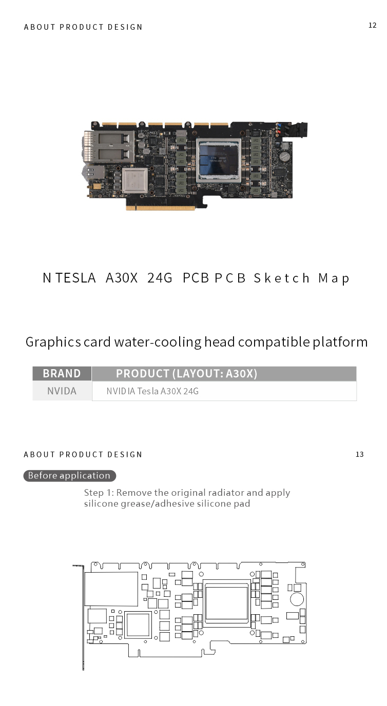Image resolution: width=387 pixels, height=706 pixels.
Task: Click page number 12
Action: [x=372, y=25]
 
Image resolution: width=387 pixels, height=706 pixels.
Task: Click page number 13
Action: [x=359, y=454]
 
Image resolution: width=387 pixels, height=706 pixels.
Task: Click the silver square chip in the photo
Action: [x=135, y=180]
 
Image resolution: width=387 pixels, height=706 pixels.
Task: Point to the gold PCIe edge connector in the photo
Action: [x=161, y=208]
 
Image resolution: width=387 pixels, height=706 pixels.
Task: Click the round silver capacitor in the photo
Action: [x=285, y=155]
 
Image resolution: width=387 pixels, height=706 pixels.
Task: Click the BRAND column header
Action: [x=62, y=373]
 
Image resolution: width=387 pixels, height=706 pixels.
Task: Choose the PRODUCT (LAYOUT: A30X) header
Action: [x=186, y=373]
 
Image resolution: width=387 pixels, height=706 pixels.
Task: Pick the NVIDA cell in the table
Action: [x=62, y=391]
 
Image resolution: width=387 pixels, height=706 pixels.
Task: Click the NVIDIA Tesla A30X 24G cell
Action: [x=152, y=391]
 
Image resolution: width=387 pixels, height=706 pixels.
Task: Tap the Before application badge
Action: [x=69, y=476]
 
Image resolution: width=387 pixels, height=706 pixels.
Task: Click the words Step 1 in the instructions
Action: [x=98, y=493]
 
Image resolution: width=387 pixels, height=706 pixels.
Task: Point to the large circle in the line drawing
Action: [x=297, y=599]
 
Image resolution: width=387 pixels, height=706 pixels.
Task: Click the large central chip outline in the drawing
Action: [x=226, y=603]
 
